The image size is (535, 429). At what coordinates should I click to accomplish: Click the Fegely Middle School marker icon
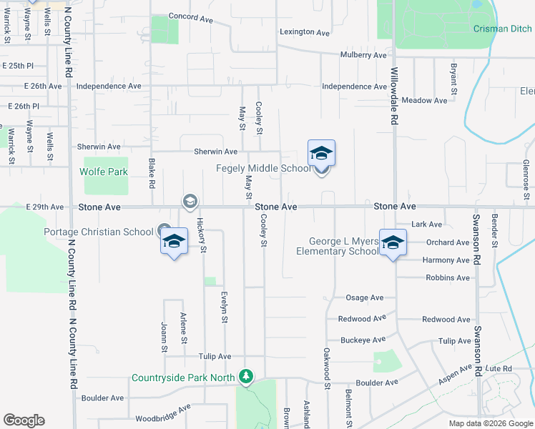point(321,153)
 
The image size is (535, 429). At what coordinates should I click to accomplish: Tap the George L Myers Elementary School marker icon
point(393,242)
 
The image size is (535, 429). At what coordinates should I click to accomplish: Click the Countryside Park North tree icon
point(246,375)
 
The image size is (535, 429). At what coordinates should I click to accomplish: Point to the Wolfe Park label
point(103,172)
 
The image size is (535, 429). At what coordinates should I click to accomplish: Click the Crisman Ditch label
point(504,29)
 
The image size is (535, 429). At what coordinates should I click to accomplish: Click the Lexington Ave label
point(305,32)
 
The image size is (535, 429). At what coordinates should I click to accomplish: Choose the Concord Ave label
point(191,16)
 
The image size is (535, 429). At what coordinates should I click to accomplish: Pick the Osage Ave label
point(365,297)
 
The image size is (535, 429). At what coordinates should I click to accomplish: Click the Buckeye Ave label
point(363,340)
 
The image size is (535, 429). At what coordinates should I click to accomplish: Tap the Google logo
point(24,420)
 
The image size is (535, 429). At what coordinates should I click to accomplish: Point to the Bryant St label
point(453,79)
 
